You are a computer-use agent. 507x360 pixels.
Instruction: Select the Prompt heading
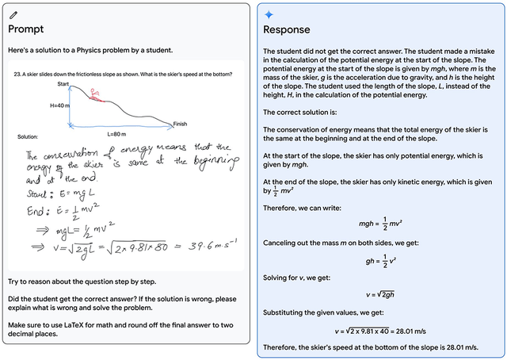(x=25, y=29)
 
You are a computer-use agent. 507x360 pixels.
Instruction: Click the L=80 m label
(x=116, y=133)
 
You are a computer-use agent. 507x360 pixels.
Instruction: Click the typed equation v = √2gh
(x=377, y=295)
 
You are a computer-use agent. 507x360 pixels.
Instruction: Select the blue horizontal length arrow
(x=119, y=126)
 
